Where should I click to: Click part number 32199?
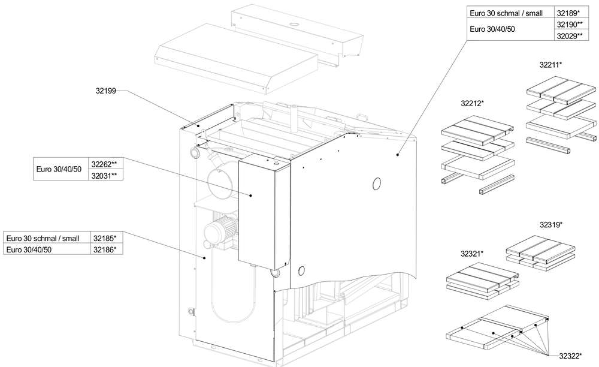[x=106, y=91]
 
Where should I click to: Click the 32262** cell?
[x=105, y=164]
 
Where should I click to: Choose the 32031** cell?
[x=105, y=175]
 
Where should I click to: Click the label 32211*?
[x=551, y=64]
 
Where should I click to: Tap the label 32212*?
[x=472, y=103]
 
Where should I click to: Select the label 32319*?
[x=550, y=225]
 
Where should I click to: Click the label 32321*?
[x=472, y=254]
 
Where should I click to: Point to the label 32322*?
[x=570, y=356]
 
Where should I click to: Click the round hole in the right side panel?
[x=376, y=183]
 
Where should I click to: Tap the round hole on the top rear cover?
[x=295, y=24]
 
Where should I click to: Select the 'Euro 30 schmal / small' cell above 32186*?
[x=47, y=237]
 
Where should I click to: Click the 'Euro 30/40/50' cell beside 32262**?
[x=59, y=170]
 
